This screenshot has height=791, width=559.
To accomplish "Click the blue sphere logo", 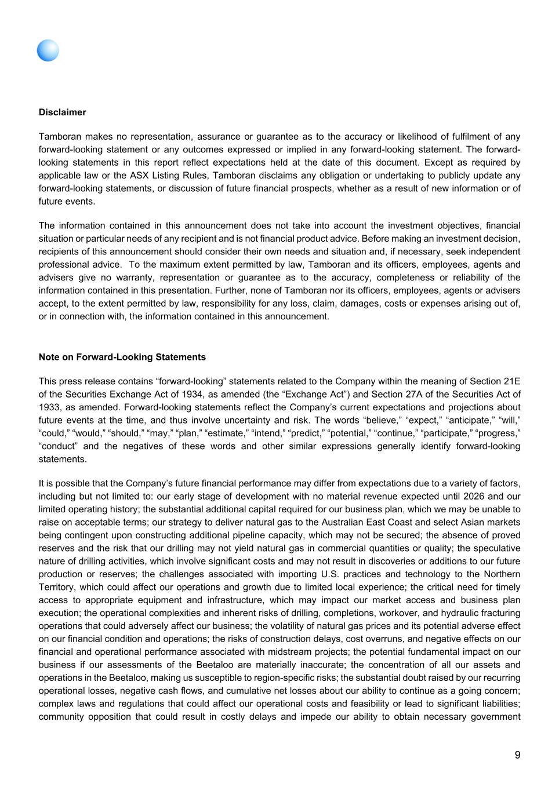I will pos(48,50).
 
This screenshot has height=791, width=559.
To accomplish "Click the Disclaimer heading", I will pos(62,112).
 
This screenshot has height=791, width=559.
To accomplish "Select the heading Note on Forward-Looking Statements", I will pos(122,357).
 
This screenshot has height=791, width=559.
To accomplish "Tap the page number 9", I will pos(517,754).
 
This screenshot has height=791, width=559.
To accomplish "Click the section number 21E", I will pos(511,381).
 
